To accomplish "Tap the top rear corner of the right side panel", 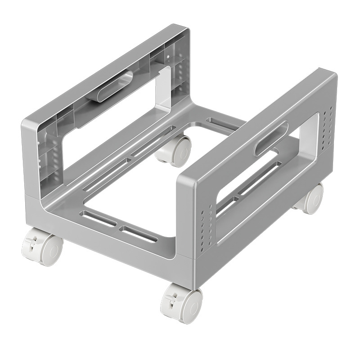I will pos(331,74).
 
